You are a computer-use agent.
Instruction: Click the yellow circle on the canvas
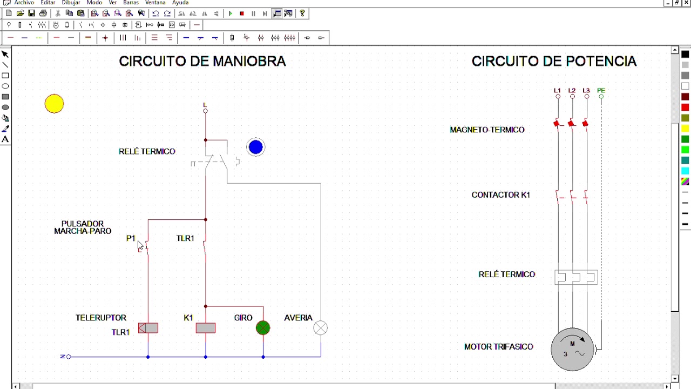click(55, 104)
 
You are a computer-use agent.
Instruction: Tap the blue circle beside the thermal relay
click(256, 147)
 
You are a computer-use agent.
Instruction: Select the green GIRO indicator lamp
click(263, 328)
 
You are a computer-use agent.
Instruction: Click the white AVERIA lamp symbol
click(321, 328)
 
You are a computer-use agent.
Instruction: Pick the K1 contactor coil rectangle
click(206, 328)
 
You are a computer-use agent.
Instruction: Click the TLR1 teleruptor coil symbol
click(148, 328)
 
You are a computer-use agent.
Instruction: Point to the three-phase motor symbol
click(573, 350)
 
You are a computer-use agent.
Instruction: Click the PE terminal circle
click(601, 97)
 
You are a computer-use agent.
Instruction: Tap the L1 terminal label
click(557, 90)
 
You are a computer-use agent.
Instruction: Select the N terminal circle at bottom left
click(69, 357)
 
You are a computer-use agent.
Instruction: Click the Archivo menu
click(24, 3)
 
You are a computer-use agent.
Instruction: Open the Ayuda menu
click(180, 3)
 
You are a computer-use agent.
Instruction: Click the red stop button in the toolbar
click(242, 14)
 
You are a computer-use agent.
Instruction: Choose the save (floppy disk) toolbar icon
click(31, 14)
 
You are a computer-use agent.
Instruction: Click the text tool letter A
click(5, 139)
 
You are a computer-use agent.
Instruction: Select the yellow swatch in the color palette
click(685, 129)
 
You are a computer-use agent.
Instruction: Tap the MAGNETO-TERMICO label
click(487, 130)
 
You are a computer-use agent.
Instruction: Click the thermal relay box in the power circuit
click(576, 277)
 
